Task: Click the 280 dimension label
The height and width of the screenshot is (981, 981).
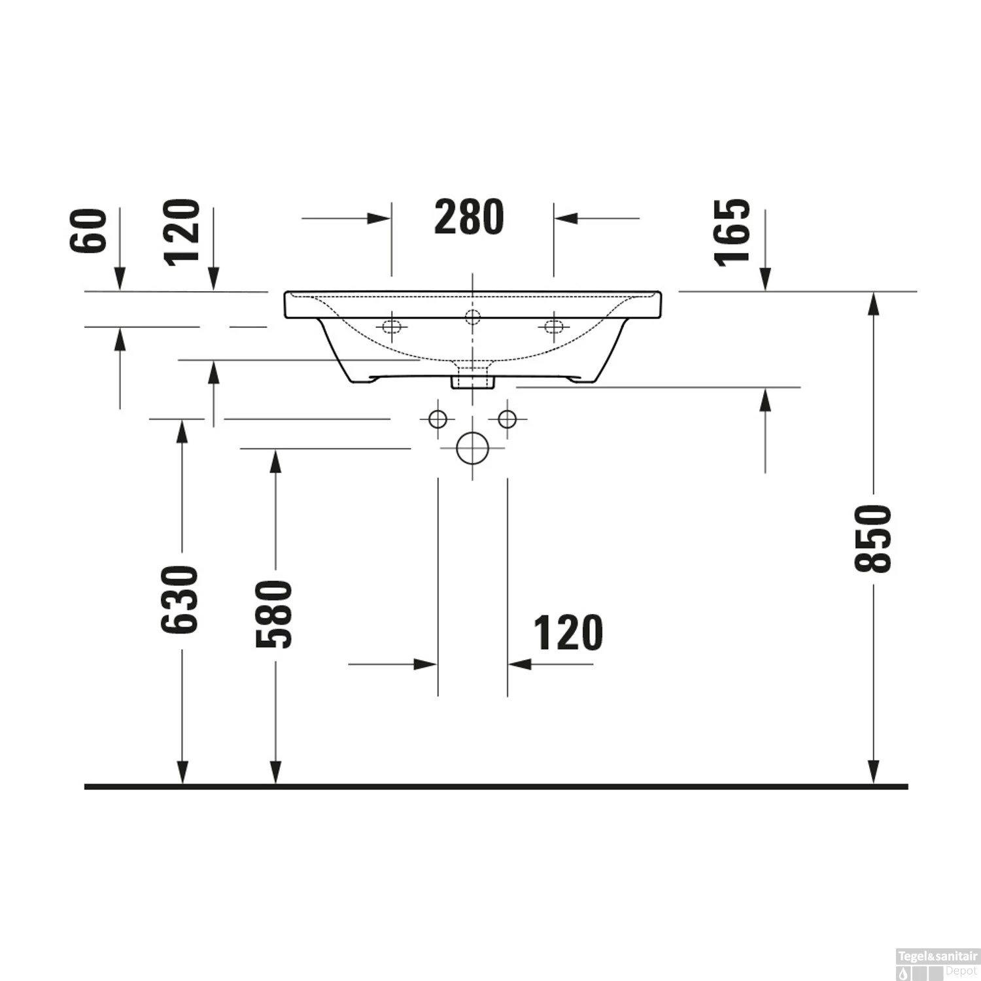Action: (x=469, y=218)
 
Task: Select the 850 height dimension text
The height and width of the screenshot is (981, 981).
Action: (x=874, y=538)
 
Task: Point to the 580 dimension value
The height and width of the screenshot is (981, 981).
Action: (x=274, y=613)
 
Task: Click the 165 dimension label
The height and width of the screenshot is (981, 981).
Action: (x=732, y=232)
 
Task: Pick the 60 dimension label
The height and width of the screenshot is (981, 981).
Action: (x=88, y=231)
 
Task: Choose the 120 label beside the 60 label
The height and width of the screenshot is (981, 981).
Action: (x=182, y=232)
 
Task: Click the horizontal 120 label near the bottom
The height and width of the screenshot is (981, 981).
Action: (x=568, y=634)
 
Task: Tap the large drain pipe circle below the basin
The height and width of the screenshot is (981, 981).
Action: (x=472, y=449)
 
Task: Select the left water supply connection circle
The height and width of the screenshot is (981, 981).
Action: (x=438, y=419)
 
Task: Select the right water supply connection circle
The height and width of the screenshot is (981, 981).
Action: (x=508, y=419)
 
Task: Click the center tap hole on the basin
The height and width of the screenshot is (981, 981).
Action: (x=472, y=317)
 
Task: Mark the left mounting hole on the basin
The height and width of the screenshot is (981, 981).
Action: (x=392, y=326)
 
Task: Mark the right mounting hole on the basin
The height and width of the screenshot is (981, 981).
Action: (x=553, y=326)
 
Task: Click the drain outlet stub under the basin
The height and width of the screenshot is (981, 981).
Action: (x=472, y=379)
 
